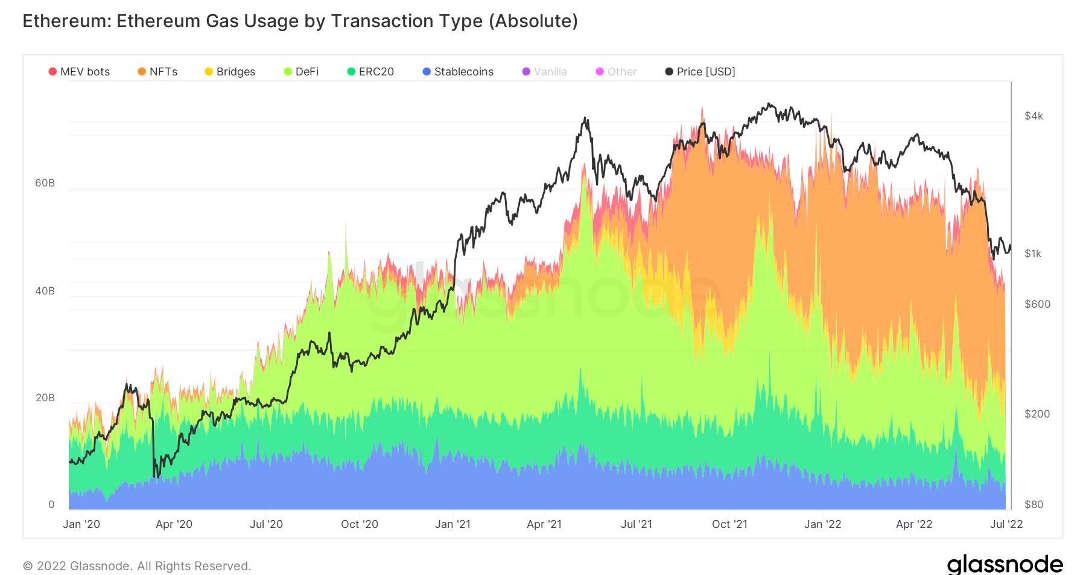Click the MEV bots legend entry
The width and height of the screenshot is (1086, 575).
[79, 72]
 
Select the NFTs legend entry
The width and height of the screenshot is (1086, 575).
[157, 72]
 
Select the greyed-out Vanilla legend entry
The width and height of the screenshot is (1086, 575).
[544, 72]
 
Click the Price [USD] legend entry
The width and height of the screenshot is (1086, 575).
[700, 72]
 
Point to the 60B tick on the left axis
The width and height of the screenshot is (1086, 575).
[45, 183]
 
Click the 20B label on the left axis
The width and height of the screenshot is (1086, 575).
[45, 398]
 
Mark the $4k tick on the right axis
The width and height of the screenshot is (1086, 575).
[1034, 116]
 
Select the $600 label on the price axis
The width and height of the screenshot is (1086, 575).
[1037, 304]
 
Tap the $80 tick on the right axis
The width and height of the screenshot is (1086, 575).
[1034, 504]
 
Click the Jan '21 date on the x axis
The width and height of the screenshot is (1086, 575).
[453, 524]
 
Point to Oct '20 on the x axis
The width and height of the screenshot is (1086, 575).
[360, 524]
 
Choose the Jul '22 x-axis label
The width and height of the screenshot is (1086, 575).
[1006, 524]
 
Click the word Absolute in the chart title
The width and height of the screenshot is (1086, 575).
[533, 21]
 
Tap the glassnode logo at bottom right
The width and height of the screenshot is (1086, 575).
[1005, 565]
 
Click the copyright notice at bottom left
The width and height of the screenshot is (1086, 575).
[136, 566]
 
